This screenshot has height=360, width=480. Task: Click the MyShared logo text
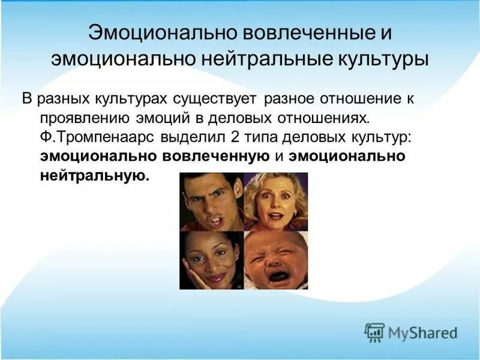pyautogui.click(x=422, y=332)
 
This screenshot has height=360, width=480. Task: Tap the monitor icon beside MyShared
pyautogui.click(x=374, y=332)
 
